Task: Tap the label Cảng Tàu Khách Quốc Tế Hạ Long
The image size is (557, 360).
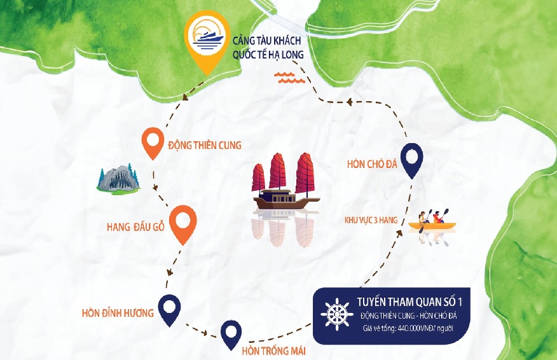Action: pyautogui.click(x=268, y=48)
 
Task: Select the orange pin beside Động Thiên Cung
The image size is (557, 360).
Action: pyautogui.click(x=152, y=142)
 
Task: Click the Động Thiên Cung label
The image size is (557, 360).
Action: pyautogui.click(x=205, y=145)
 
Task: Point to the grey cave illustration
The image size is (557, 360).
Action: pyautogui.click(x=118, y=178)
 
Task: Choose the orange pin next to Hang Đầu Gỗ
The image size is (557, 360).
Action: pyautogui.click(x=183, y=223)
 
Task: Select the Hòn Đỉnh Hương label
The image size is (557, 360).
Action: pyautogui.click(x=118, y=313)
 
